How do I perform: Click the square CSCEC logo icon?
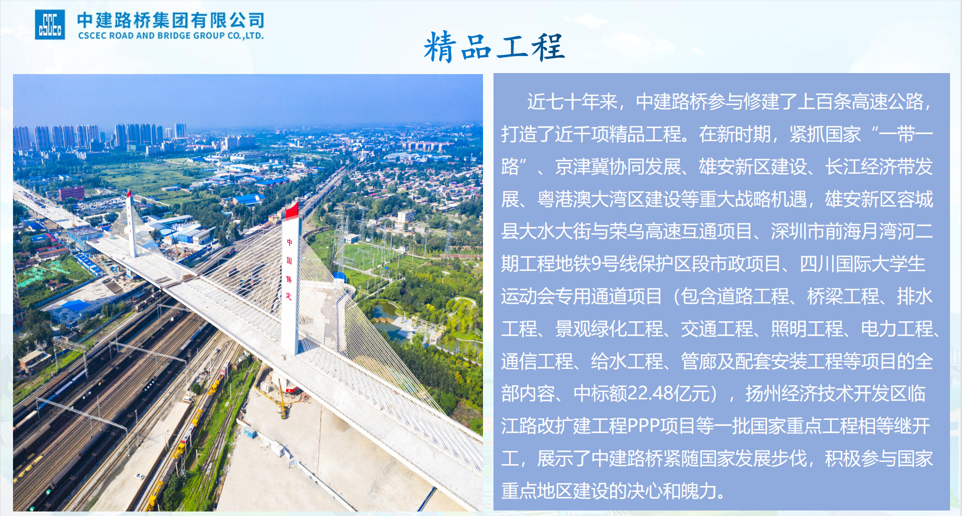click(50, 25)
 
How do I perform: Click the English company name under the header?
click(171, 36)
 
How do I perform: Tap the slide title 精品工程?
click(494, 47)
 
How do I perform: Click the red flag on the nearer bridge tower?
click(292, 210)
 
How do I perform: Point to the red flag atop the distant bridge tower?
click(128, 193)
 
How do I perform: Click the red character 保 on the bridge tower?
click(289, 279)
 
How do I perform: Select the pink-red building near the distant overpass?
click(71, 193)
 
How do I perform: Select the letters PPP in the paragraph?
click(643, 426)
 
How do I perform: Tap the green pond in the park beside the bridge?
click(387, 316)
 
